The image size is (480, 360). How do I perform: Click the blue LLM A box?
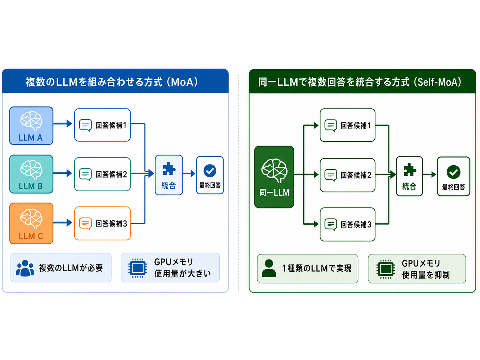tap(31, 126)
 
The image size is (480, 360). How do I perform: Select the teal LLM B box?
tap(31, 174)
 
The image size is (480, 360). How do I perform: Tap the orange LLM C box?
tap(31, 223)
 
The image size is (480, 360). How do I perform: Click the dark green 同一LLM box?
tap(274, 177)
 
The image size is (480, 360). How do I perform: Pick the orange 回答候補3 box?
tap(103, 223)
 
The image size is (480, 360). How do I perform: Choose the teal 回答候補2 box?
tap(103, 174)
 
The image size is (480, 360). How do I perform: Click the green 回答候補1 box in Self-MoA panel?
tap(347, 125)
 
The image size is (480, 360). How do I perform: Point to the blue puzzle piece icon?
tap(169, 169)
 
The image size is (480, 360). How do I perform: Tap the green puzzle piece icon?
tap(410, 170)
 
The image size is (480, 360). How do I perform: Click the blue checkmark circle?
tap(210, 171)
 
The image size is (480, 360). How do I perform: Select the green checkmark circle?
tap(453, 172)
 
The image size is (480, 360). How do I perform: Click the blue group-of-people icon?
tap(25, 268)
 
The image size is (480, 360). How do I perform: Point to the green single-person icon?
tap(269, 268)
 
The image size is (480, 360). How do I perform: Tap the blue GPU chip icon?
tap(138, 268)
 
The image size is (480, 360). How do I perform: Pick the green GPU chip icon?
tap(386, 269)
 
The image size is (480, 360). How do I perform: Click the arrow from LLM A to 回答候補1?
tap(63, 124)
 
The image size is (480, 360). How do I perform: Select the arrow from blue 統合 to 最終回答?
tap(189, 174)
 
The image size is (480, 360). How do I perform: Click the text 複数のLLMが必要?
tap(71, 268)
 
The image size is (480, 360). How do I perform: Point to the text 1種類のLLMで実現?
tap(317, 268)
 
